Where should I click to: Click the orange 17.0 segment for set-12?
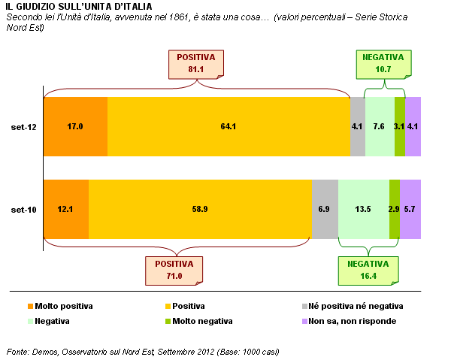coord(75,126)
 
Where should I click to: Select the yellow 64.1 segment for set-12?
coord(229,126)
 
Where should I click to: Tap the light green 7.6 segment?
coord(380,126)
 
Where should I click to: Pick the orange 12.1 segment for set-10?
coord(66,209)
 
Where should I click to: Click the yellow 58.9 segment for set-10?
coord(200,209)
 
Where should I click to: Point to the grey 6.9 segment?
coord(325,209)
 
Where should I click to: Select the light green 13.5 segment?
coord(364,209)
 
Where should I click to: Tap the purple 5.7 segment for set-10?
coord(410,209)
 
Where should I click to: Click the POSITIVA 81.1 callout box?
coord(196,63)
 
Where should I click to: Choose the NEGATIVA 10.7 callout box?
coord(383,63)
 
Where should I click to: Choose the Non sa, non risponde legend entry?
coord(348,321)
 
